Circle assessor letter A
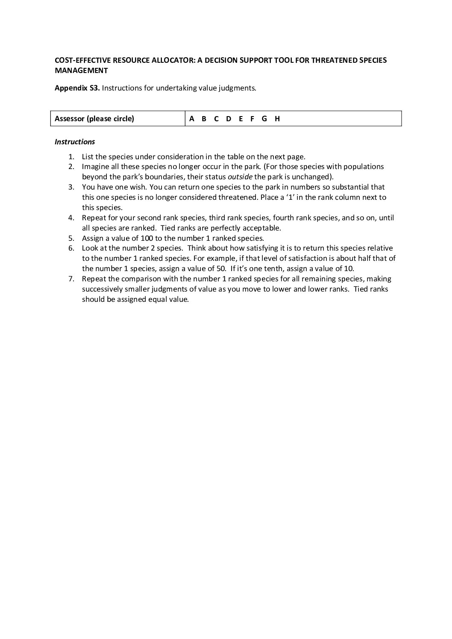(x=192, y=119)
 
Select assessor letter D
(x=229, y=119)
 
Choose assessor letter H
(x=277, y=119)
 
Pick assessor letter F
(x=252, y=119)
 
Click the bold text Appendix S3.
(x=77, y=88)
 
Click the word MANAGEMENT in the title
(x=81, y=70)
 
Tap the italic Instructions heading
(x=75, y=142)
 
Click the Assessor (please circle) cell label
(x=94, y=119)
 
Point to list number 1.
(x=71, y=157)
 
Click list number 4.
(x=71, y=218)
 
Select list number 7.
(x=71, y=279)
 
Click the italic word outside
(x=240, y=177)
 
